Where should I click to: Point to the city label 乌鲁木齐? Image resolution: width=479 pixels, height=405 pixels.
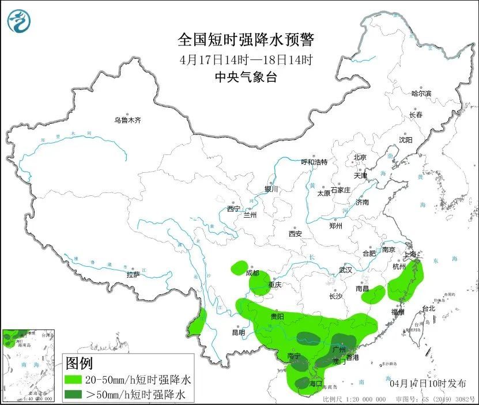point(127,120)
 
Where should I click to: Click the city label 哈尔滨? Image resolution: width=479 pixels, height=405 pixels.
point(421,93)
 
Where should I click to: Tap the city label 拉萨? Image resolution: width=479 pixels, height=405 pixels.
point(133,275)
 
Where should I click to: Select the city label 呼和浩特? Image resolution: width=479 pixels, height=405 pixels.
point(314,162)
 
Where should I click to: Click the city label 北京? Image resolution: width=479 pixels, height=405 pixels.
point(360,157)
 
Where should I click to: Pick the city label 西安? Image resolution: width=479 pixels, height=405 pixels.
point(295,234)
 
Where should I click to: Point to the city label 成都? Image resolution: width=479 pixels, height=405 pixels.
point(252,273)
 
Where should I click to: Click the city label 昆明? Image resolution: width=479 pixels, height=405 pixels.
point(238,332)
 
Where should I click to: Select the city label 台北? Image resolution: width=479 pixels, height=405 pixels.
point(429,309)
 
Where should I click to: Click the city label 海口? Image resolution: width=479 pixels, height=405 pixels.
point(315,383)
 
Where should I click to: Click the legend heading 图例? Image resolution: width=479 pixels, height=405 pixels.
point(80,364)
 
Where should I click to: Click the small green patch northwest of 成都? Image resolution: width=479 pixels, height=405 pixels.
point(237,267)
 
